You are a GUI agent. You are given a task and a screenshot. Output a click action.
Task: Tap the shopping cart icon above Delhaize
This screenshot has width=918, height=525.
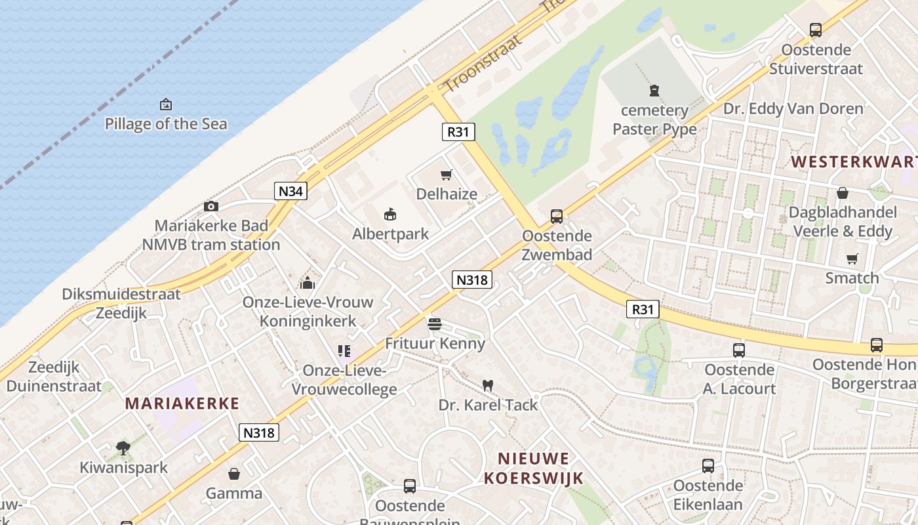coord(447,175)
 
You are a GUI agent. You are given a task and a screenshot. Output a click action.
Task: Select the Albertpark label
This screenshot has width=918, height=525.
coord(391,234)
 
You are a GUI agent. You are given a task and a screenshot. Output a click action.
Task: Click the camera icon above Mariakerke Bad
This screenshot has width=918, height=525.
coord(211,206)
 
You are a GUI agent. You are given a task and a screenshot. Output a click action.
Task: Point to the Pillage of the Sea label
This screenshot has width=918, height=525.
coord(166,123)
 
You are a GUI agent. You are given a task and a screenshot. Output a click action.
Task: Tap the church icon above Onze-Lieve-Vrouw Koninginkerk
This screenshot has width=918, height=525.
coord(308,283)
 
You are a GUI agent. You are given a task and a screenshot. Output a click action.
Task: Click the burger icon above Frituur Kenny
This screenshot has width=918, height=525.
coord(434,324)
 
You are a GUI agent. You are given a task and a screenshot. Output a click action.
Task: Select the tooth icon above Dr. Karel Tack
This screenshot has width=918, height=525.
coord(487,385)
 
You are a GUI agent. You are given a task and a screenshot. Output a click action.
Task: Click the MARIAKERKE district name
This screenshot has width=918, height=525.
coord(182,403)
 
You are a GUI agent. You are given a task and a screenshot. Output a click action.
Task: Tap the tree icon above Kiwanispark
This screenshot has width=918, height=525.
coord(123,448)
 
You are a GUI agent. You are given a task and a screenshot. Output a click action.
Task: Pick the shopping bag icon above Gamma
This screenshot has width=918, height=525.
coord(234,474)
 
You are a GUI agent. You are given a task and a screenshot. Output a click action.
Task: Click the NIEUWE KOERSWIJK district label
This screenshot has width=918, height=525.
coord(534,468)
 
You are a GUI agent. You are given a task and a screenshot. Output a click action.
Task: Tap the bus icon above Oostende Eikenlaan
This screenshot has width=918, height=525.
coord(708,466)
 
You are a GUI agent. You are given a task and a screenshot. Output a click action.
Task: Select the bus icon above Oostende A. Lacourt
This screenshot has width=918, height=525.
coord(739,350)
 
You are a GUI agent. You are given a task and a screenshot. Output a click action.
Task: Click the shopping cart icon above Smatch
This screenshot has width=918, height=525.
coord(852,259)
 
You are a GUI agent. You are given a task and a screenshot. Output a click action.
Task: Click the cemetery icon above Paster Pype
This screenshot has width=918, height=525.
coord(654,90)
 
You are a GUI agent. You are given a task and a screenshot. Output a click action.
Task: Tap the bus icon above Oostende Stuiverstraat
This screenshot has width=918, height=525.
coord(816,30)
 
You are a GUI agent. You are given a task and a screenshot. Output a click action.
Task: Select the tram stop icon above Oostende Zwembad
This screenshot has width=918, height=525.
coord(557,216)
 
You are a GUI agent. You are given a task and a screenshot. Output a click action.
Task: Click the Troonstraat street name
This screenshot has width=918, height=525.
coord(483,63)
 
